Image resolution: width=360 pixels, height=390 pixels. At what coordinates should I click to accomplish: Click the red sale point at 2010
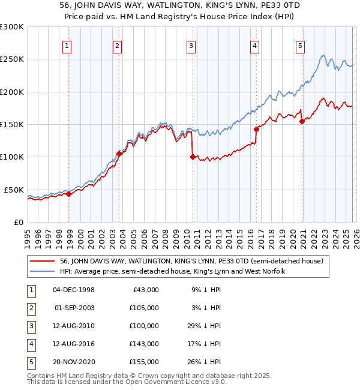pos(193,157)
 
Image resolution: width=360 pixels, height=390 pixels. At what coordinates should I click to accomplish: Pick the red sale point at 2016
pos(256,129)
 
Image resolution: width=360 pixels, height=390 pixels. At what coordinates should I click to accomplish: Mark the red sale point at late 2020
pos(302,121)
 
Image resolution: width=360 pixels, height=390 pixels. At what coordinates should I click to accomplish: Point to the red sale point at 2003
pos(119,154)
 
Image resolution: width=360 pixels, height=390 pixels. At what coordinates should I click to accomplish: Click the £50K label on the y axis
pos(14,190)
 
